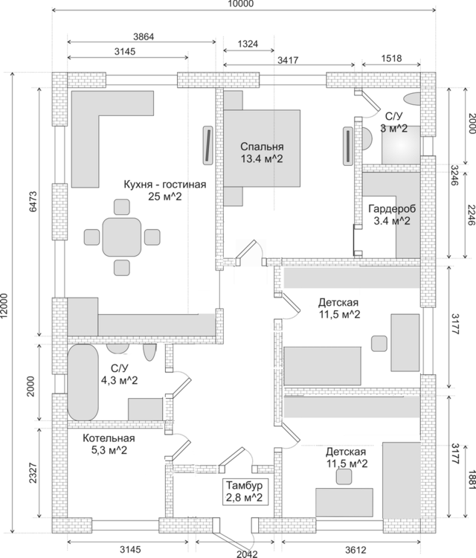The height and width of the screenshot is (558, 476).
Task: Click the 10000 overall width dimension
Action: pyautogui.click(x=240, y=4)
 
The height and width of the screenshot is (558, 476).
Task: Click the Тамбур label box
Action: pyautogui.click(x=244, y=492)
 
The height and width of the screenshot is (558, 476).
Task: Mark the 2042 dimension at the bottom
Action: pyautogui.click(x=245, y=553)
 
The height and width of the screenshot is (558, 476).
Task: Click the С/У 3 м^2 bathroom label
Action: pyautogui.click(x=394, y=122)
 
